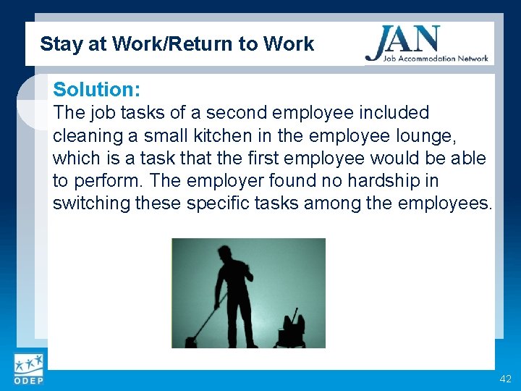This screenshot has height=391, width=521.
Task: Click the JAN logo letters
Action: coord(403,39)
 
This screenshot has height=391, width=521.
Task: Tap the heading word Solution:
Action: coord(96,90)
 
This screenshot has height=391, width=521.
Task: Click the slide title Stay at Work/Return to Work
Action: coord(177,44)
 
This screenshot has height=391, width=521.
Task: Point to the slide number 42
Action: coord(505,379)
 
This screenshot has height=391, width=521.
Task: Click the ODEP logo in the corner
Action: coord(28,369)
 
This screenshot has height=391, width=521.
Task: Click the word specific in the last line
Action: coord(221,203)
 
